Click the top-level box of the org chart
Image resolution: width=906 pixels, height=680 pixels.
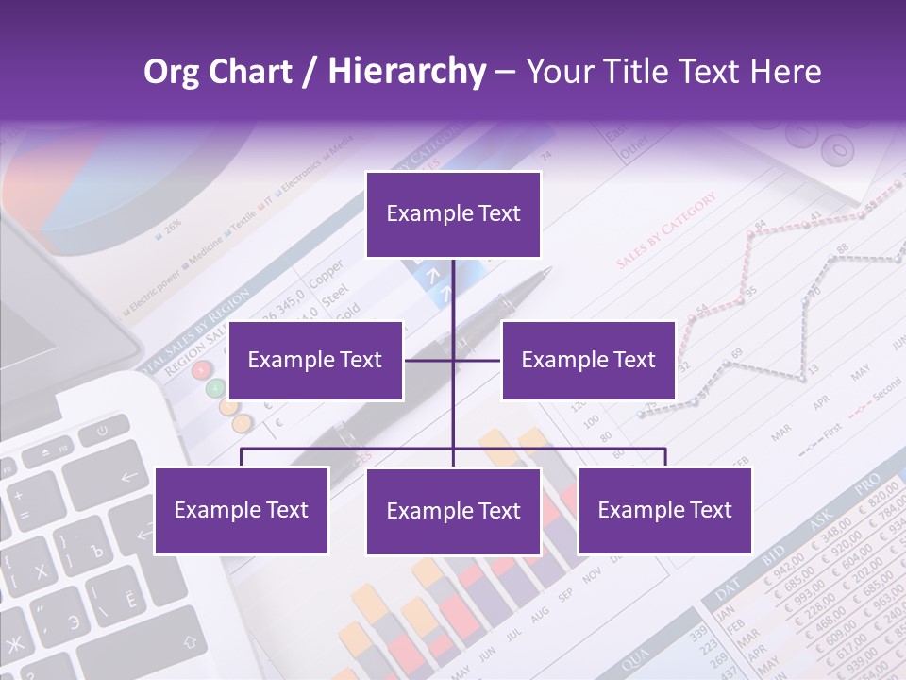453,214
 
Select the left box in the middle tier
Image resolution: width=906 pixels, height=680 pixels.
315,360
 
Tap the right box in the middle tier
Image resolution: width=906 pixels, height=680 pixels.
588,360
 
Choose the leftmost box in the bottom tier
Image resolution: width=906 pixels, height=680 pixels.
242,510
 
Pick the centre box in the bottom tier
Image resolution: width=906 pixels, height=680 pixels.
453,511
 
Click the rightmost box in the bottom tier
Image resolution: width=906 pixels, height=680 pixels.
664,510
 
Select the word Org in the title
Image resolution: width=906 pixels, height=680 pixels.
172,72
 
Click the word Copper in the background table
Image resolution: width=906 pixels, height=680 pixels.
327,273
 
